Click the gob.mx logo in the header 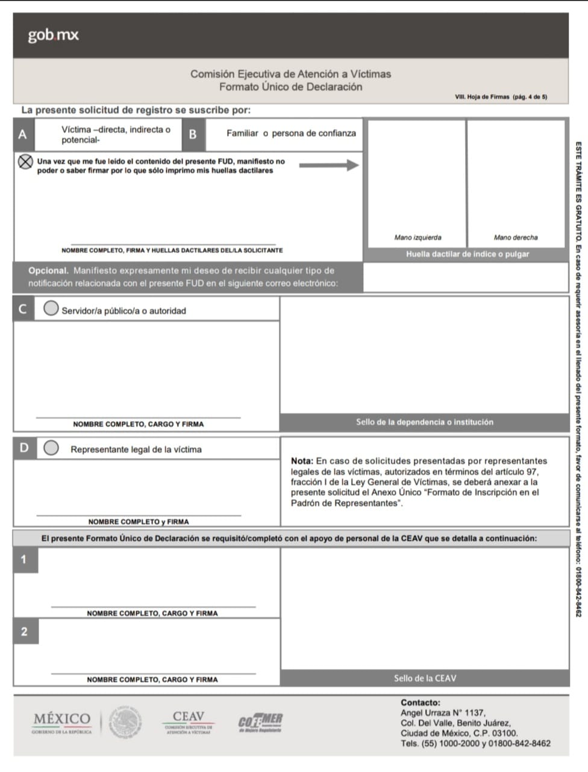(53, 36)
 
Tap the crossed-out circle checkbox (25, 163)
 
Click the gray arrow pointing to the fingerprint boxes (329, 165)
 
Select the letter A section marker (23, 134)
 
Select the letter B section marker (193, 134)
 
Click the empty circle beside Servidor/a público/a (52, 309)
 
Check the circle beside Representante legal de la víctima (52, 448)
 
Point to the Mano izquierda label (418, 237)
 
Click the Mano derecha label (515, 237)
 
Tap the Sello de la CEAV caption (425, 678)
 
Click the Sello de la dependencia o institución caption (424, 422)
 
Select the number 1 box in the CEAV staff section (24, 559)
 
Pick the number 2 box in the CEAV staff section (24, 632)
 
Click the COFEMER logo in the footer (260, 721)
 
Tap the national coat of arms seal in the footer (125, 721)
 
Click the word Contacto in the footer (420, 703)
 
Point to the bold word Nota (302, 462)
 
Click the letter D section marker (24, 448)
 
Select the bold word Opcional (48, 271)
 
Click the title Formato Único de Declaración (290, 87)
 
